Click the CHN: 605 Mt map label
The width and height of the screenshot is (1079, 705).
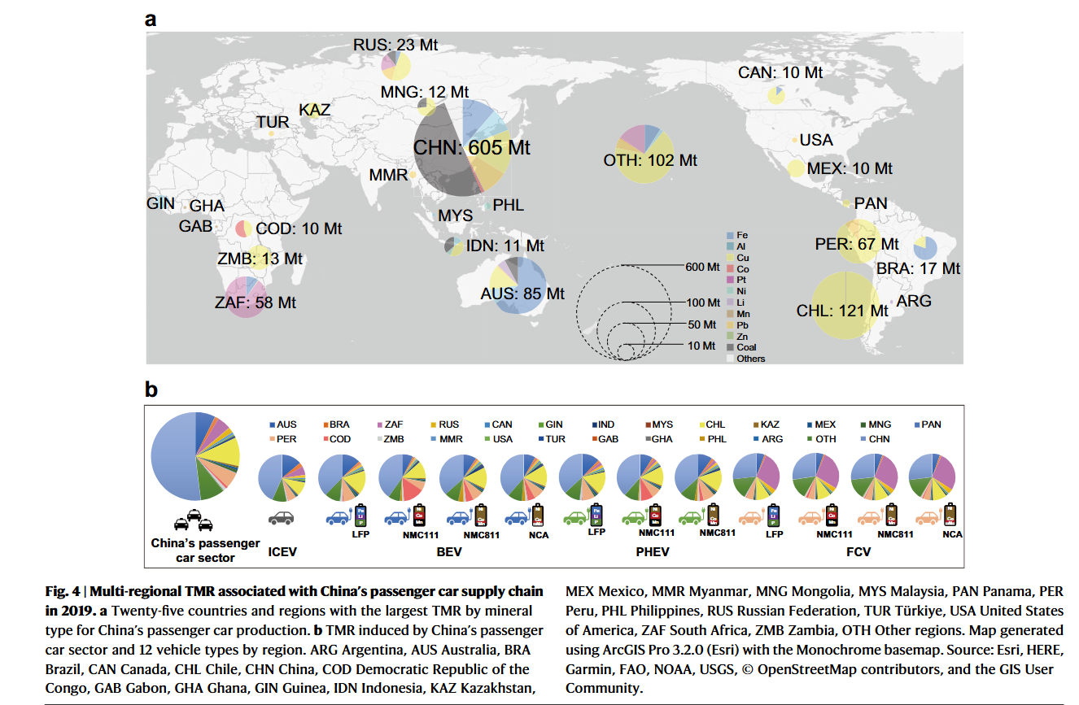click(472, 148)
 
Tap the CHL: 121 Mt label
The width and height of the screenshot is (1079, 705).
click(842, 311)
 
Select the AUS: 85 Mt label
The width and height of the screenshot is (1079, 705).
click(522, 294)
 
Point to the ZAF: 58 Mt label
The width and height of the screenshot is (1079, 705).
click(256, 302)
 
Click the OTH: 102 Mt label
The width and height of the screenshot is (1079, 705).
click(650, 160)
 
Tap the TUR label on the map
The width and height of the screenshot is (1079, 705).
click(273, 122)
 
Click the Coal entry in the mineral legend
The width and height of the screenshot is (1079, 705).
click(745, 347)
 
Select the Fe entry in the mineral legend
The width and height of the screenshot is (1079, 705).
click(741, 235)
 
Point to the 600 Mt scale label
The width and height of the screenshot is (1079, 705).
click(702, 267)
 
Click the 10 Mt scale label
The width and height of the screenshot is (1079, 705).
click(702, 346)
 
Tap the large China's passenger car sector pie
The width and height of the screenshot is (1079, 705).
click(195, 456)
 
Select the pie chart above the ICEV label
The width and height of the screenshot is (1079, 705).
click(281, 479)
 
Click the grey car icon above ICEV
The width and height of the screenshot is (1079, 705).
click(281, 517)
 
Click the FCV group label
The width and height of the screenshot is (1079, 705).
click(858, 552)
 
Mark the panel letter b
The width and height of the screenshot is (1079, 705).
click(151, 389)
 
